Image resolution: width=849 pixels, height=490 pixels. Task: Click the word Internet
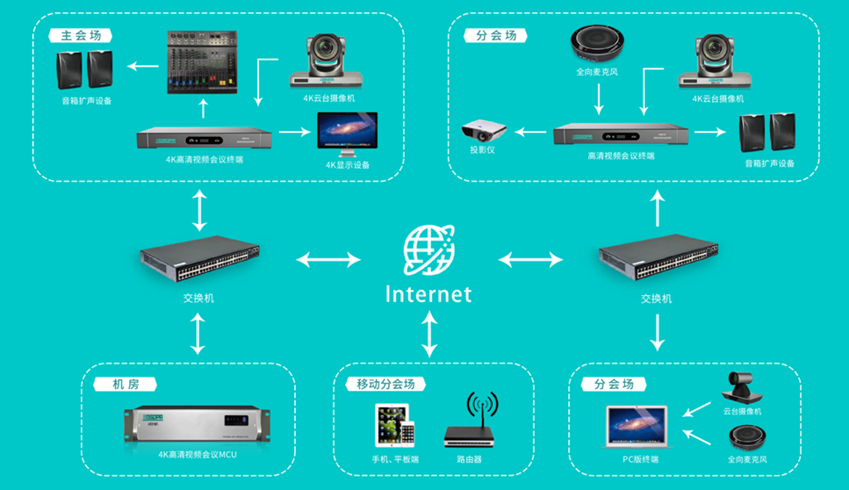pyautogui.click(x=428, y=293)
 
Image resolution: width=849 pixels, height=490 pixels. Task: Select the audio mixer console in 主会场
pyautogui.click(x=204, y=64)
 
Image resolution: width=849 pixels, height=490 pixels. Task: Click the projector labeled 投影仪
pyautogui.click(x=483, y=132)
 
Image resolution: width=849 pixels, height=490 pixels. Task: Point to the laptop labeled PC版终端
pyautogui.click(x=637, y=429)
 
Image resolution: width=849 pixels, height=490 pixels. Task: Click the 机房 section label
pyautogui.click(x=123, y=385)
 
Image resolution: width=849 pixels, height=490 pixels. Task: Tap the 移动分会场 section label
pyautogui.click(x=385, y=385)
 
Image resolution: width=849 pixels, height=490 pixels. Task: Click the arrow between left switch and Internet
pyautogui.click(x=328, y=260)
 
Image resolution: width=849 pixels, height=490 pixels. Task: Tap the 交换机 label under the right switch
pyautogui.click(x=656, y=299)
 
